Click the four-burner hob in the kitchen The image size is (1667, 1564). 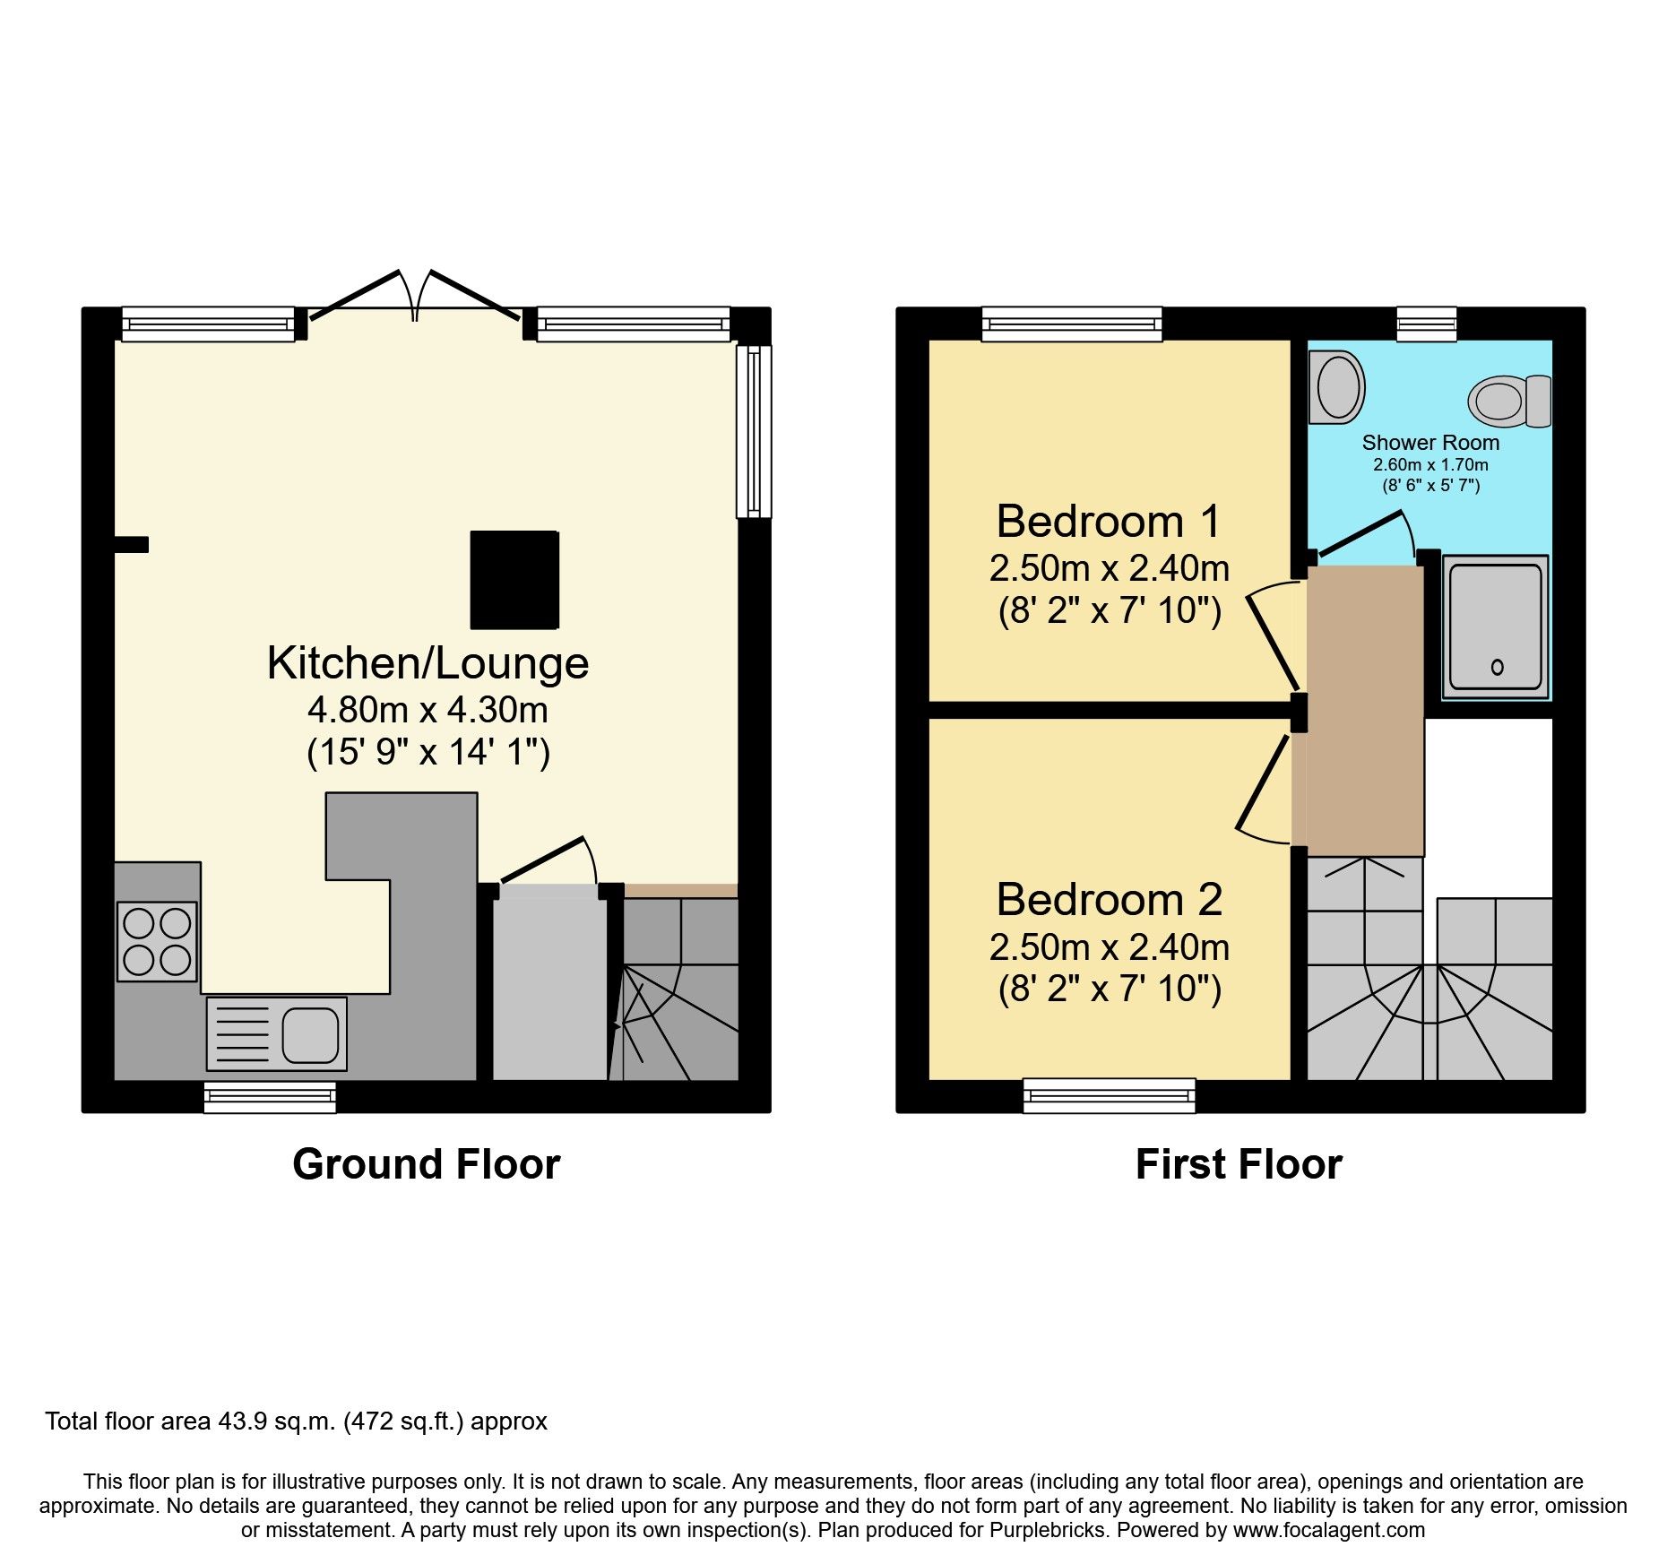click(157, 941)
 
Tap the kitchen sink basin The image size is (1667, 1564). click(310, 1034)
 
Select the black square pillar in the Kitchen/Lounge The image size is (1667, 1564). click(514, 580)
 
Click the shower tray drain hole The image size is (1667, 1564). click(1497, 667)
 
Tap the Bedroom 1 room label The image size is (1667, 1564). click(1109, 522)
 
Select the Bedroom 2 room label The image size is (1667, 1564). click(1109, 900)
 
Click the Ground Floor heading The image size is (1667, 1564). click(426, 1164)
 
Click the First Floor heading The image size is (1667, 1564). click(1238, 1164)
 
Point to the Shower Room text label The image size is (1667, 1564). click(1429, 443)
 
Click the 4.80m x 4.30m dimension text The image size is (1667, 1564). click(428, 710)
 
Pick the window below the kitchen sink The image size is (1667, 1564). click(270, 1096)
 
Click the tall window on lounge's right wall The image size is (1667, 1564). click(754, 432)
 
